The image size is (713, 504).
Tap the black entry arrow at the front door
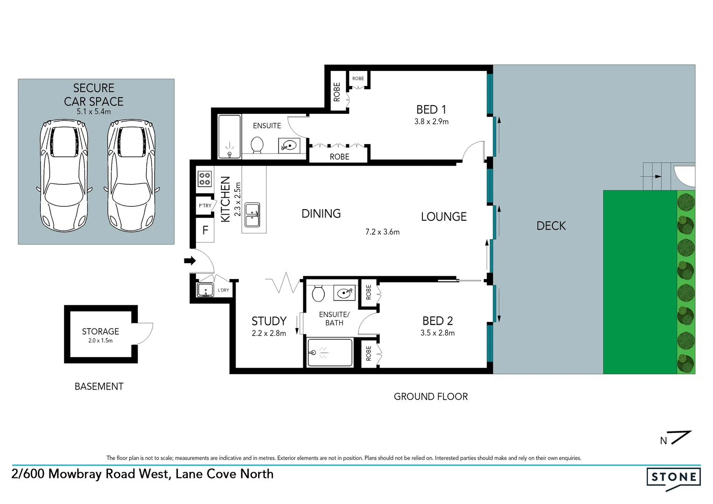(x=190, y=261)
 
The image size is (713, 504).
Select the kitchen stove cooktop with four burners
(x=204, y=179)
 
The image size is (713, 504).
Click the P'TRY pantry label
(x=205, y=206)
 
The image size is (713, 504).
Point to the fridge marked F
(x=205, y=230)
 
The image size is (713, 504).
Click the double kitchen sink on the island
(x=252, y=215)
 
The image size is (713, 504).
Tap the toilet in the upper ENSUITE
(x=256, y=145)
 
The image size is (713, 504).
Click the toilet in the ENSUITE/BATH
(x=318, y=294)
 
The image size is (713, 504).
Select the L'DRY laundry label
(x=224, y=290)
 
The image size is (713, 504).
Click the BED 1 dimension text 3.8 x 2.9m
(x=431, y=122)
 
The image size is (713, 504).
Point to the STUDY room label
(x=269, y=321)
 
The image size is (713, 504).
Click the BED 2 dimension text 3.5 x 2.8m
(x=437, y=333)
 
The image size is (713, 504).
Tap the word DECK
(x=551, y=226)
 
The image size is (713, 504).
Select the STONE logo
(x=673, y=477)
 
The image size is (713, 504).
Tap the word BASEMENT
(x=99, y=386)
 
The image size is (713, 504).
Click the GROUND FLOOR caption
(x=431, y=397)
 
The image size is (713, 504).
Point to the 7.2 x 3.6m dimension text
(x=382, y=232)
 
